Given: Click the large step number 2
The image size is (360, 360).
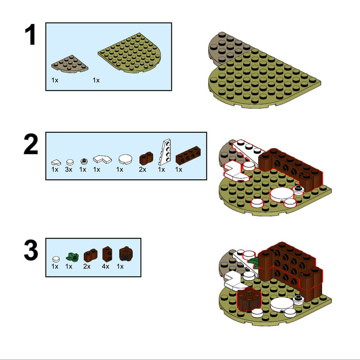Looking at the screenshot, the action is pyautogui.click(x=31, y=144).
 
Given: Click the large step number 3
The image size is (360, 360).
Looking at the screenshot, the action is pyautogui.click(x=31, y=250).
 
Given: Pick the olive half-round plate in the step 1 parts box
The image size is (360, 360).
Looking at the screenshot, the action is pyautogui.click(x=130, y=53).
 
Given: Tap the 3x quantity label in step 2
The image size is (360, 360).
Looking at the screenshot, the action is pyautogui.click(x=69, y=170).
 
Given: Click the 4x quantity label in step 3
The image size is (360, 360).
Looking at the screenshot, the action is pyautogui.click(x=106, y=266).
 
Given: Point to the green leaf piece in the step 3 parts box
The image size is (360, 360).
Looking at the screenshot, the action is pyautogui.click(x=72, y=257).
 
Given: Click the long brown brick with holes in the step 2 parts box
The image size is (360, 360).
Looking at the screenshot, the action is pyautogui.click(x=188, y=155).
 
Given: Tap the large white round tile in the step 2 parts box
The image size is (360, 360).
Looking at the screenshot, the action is pyautogui.click(x=125, y=159).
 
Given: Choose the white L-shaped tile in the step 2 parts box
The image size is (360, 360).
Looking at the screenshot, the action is pyautogui.click(x=102, y=159).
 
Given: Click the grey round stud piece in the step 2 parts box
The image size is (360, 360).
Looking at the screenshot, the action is pyautogui.click(x=84, y=162).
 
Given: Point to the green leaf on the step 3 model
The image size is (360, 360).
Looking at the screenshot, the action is pyautogui.click(x=254, y=263).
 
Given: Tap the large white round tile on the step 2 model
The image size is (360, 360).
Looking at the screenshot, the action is pyautogui.click(x=282, y=194).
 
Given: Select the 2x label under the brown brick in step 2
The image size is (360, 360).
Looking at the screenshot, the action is pyautogui.click(x=143, y=170).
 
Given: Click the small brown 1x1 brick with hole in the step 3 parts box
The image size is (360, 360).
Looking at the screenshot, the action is pyautogui.click(x=107, y=254).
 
